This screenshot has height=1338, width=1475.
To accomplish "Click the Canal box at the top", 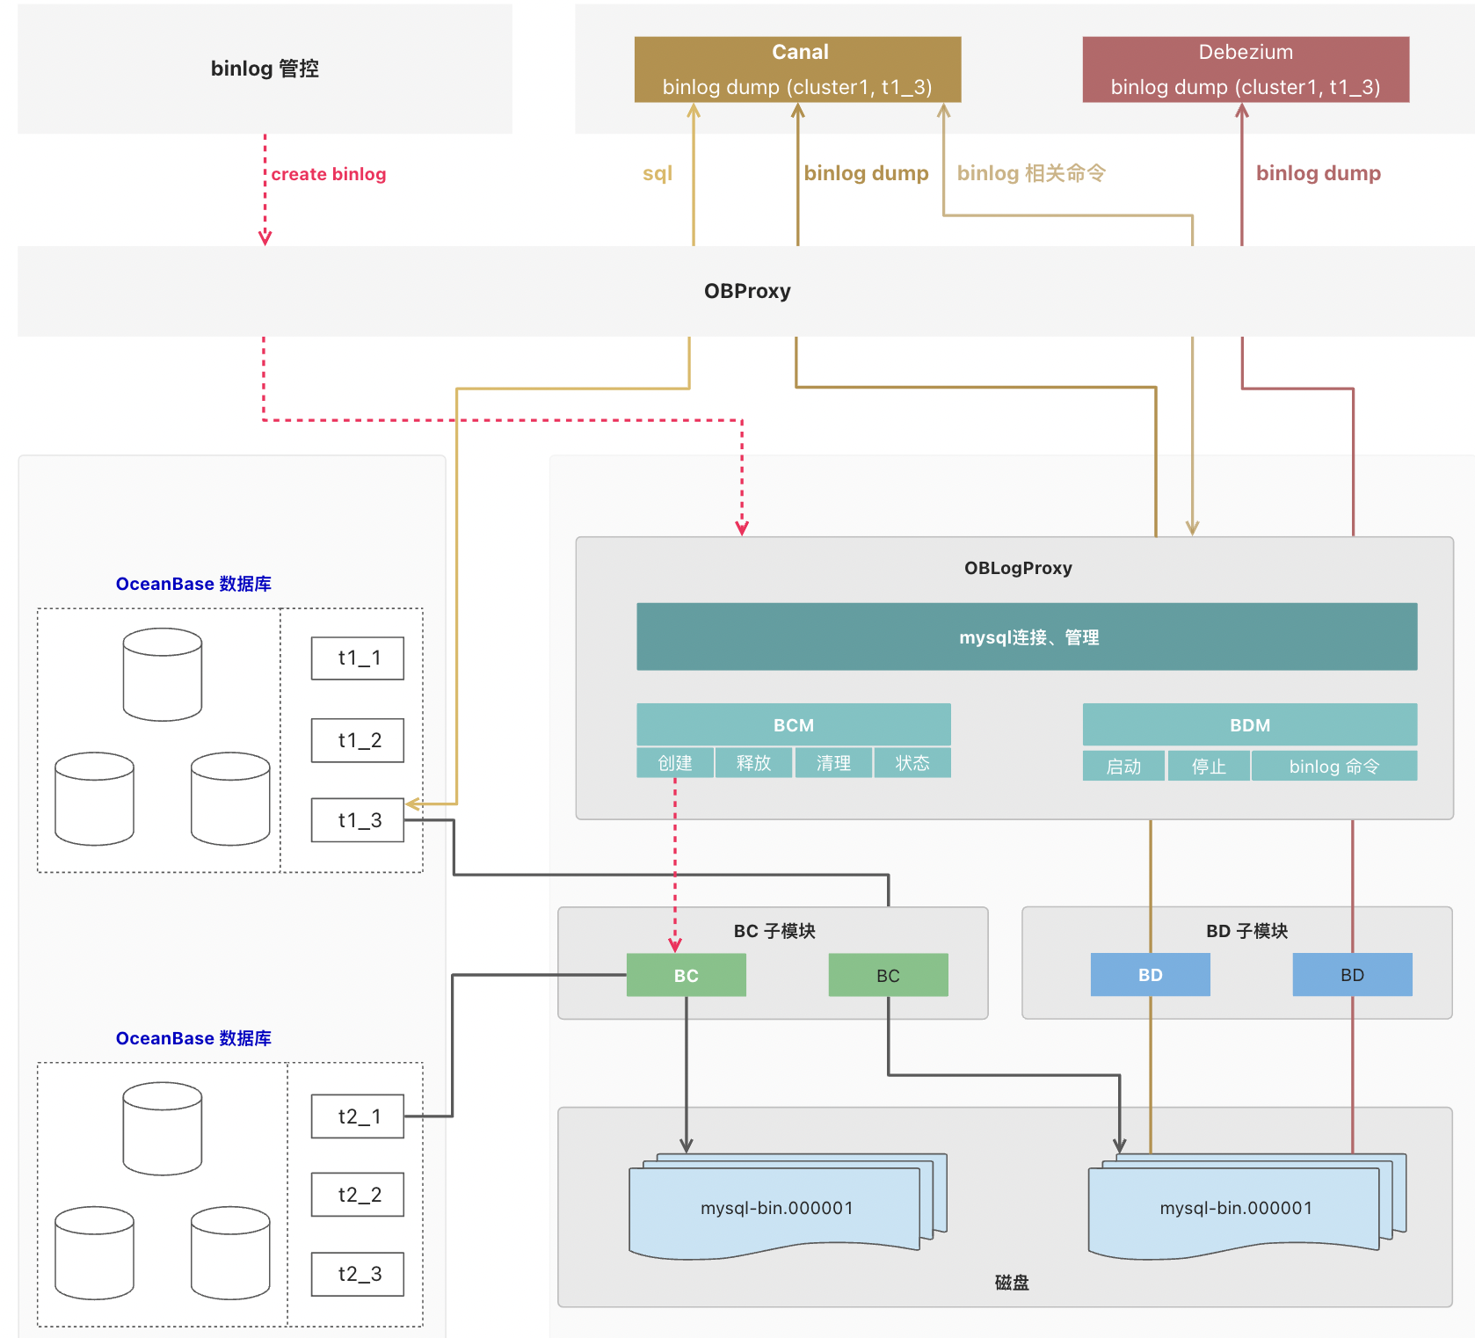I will point(797,69).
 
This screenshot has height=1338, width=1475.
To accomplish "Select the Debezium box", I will point(1245,69).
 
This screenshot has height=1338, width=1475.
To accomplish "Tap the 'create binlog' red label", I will point(328,174).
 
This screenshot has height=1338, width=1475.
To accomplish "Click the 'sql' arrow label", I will point(657,173).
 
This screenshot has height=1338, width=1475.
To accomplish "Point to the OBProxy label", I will point(746,291).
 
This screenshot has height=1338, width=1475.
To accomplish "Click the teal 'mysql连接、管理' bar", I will point(1026,636).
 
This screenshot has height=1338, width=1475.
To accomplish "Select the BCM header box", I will point(793,724).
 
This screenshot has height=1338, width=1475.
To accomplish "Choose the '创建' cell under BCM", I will point(674,763).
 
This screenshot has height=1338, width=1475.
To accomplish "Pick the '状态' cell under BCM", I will point(912,763).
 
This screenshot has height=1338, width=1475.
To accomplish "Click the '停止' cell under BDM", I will point(1208,766).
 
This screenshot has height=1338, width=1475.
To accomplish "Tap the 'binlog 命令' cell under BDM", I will point(1333,766).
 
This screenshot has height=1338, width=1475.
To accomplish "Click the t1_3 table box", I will point(358,820).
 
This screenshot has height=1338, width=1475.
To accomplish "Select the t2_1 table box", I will point(358,1116).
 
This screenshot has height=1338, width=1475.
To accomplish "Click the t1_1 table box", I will point(358,658).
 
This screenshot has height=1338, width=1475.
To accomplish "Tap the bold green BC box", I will point(686,975).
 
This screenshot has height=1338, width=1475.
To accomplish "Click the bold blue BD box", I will point(1150,975).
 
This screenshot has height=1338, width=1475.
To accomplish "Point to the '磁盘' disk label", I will point(1011,1283).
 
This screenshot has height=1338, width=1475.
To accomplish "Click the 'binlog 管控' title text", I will point(264,69).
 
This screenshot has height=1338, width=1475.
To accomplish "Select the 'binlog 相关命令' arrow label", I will point(1030,173).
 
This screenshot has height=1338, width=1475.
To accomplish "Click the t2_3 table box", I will point(358,1274).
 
